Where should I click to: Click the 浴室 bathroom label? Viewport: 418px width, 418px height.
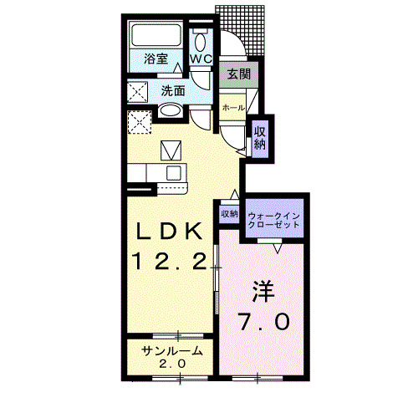click(155, 59)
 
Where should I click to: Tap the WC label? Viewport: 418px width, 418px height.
click(201, 59)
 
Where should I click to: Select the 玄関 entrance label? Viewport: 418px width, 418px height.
click(238, 74)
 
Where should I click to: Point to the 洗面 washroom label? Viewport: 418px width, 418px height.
click(172, 91)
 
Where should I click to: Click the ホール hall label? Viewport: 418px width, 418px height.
click(233, 108)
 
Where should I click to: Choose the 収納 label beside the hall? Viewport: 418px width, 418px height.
click(261, 135)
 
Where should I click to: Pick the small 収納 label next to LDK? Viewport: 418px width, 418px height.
click(229, 214)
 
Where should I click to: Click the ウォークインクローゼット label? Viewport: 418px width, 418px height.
click(275, 220)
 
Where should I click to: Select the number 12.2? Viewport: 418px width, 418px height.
click(168, 262)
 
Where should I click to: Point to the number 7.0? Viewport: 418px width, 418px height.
click(264, 320)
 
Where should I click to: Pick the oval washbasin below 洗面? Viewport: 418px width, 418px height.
click(170, 112)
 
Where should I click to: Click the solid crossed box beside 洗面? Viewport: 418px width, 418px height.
click(138, 92)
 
